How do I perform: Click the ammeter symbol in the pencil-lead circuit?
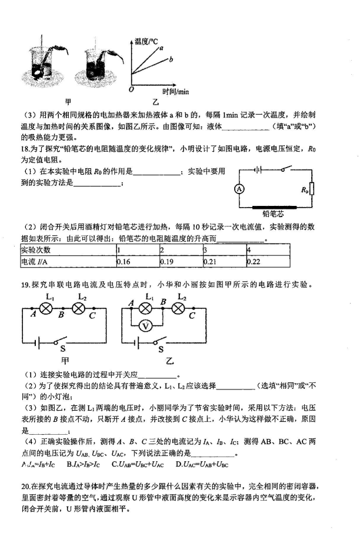click(239, 189)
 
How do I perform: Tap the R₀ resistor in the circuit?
click(312, 189)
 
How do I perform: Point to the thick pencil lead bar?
click(274, 207)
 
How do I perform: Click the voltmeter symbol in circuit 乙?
click(146, 327)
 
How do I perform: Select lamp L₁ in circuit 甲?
click(46, 308)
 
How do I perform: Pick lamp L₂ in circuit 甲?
click(78, 308)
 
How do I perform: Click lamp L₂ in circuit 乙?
click(178, 308)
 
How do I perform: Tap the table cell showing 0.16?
click(138, 261)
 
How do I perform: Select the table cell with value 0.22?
click(268, 261)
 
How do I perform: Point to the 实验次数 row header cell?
click(68, 250)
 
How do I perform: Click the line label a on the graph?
click(162, 48)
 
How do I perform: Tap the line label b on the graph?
click(171, 59)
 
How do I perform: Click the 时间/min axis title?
click(175, 91)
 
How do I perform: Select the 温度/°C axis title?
click(146, 41)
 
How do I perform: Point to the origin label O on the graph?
click(131, 89)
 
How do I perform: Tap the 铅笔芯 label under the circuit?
click(273, 214)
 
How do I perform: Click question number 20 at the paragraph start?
click(25, 487)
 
